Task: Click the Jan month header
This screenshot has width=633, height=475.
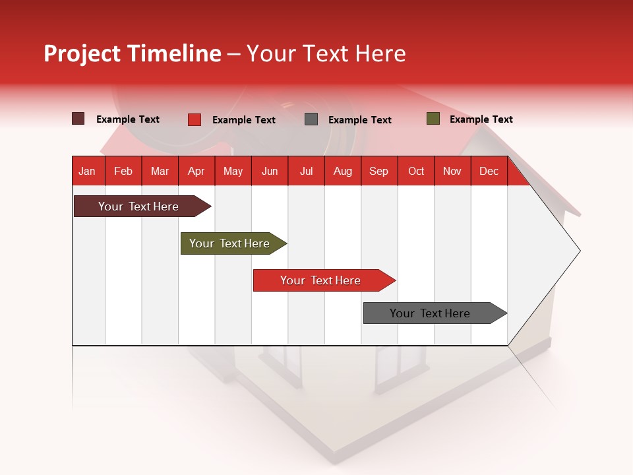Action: [87, 171]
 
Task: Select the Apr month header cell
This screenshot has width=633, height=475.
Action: [196, 171]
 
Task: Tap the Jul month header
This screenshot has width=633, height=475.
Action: [306, 171]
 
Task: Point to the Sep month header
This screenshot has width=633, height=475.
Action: [378, 171]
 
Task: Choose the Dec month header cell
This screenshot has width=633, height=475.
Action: [489, 171]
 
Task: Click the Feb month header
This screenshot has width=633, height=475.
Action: [123, 171]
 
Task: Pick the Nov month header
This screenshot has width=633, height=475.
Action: [452, 171]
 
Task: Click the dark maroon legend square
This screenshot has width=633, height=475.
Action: [78, 119]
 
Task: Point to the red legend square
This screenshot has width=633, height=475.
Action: [195, 119]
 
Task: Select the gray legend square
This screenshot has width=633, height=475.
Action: [311, 119]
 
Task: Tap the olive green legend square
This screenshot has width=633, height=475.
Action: [433, 119]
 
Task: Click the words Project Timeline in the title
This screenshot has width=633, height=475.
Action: [133, 53]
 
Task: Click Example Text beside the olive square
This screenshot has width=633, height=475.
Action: [481, 119]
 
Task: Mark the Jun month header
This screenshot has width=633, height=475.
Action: [270, 171]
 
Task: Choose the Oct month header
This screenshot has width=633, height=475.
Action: [416, 171]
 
